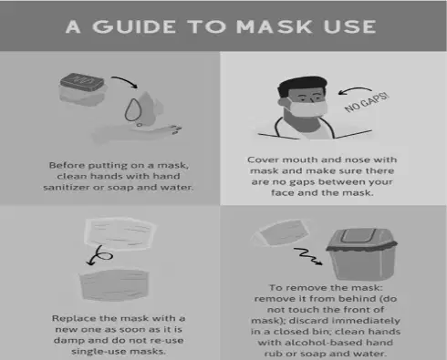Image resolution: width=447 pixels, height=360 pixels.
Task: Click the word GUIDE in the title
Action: coord(134,26)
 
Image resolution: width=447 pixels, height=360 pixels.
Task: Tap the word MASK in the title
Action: coord(274,26)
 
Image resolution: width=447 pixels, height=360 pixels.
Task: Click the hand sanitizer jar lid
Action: coord(82,82)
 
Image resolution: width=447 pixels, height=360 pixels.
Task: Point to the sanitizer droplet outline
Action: coord(133,109)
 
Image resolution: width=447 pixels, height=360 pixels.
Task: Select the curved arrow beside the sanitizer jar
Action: coord(125,80)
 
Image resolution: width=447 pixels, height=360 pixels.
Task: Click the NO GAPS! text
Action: coord(367,102)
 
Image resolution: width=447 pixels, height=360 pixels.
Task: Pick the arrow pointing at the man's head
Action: coord(354,89)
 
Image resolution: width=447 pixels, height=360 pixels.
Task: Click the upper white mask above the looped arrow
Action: coord(120,233)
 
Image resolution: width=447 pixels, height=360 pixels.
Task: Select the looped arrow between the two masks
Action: coord(99,255)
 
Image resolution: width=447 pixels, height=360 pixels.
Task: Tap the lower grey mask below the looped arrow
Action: coord(114,284)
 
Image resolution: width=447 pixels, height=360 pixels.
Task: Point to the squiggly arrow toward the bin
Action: coord(307,256)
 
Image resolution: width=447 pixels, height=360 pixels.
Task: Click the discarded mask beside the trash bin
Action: coord(281,232)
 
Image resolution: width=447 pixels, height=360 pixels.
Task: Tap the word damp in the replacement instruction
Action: coord(69,341)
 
